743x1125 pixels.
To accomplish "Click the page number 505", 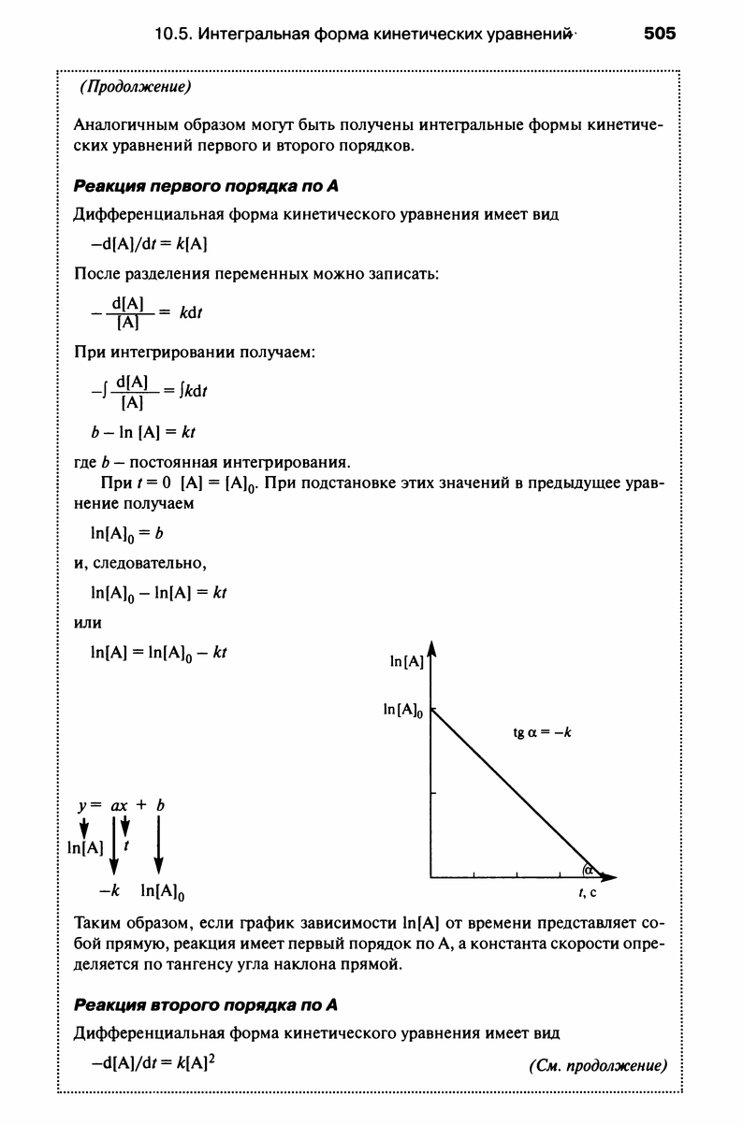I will (x=659, y=35).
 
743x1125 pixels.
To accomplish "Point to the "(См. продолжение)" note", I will (x=597, y=1065).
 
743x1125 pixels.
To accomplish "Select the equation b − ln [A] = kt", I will (x=142, y=432).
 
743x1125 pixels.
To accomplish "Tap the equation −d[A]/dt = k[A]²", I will (x=154, y=1063).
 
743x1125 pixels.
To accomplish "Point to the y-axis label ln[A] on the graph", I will (x=407, y=662).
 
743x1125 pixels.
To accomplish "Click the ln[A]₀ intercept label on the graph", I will (x=404, y=711).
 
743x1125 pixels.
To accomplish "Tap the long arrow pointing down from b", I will (x=158, y=844).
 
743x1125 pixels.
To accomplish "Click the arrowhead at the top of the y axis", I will (x=431, y=647).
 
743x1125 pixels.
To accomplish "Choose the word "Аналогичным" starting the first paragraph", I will (x=120, y=126).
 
